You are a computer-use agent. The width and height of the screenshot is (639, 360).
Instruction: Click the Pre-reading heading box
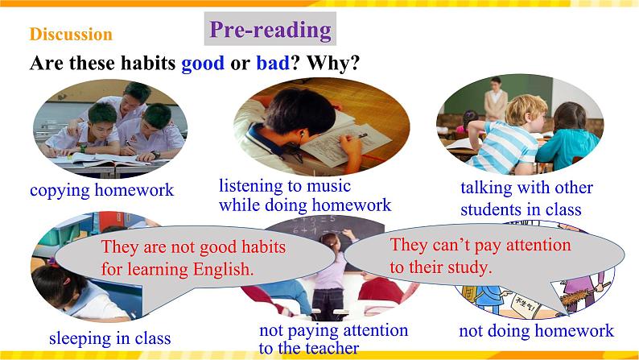coord(270,30)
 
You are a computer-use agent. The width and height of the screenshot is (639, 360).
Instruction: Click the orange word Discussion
coord(71,35)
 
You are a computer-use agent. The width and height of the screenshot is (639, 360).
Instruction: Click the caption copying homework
coord(101,191)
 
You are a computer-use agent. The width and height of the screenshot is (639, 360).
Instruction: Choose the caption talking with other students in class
coord(526,199)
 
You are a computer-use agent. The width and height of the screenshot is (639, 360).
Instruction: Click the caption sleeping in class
coord(109,337)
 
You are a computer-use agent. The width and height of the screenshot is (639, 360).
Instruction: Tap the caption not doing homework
coord(536,330)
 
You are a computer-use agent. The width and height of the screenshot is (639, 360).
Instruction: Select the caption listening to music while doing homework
coord(304,195)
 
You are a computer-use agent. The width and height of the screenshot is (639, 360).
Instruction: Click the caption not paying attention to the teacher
coord(333,339)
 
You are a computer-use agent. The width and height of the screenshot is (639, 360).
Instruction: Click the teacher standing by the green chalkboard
coord(495,98)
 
